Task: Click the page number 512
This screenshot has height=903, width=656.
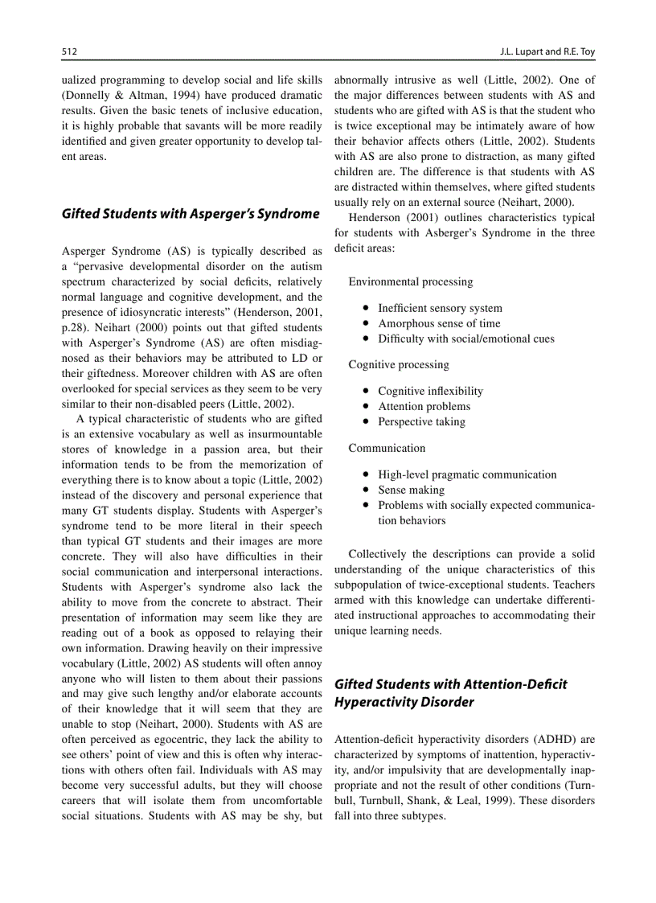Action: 69,51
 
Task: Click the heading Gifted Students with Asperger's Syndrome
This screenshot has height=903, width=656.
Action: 191,214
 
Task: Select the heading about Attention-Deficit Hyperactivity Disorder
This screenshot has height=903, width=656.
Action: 450,693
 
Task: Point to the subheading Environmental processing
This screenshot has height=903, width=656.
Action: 410,281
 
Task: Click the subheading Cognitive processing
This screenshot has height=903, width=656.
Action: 398,364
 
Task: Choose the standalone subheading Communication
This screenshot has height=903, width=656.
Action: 387,448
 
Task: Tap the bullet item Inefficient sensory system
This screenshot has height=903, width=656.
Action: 440,308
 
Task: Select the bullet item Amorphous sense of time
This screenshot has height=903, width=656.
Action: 439,323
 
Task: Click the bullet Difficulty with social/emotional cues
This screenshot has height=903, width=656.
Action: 465,339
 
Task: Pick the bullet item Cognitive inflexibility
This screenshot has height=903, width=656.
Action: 430,391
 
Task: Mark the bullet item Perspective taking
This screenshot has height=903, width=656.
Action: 421,421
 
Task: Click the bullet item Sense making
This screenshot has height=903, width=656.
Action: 411,490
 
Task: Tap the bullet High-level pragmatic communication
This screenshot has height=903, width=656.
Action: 466,474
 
